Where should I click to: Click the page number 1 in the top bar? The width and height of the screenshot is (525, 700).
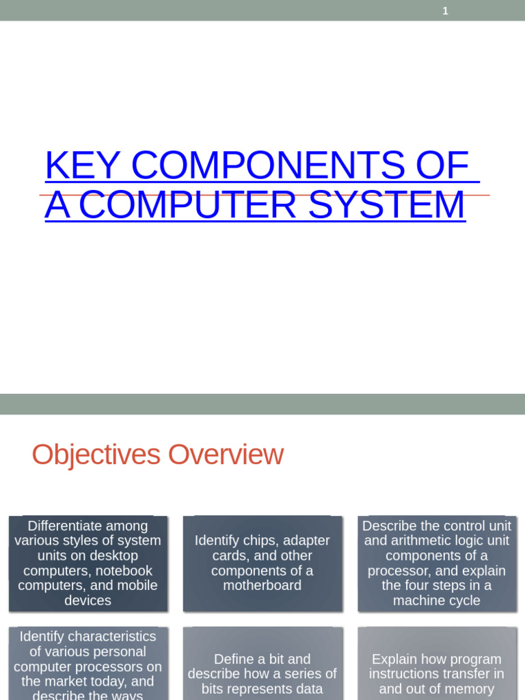click(446, 11)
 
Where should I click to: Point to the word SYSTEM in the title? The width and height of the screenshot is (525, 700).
click(387, 205)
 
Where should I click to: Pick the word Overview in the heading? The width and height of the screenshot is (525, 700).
click(226, 455)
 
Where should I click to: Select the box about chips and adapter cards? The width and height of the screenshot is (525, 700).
click(262, 563)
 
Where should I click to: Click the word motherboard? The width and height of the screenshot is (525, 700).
click(262, 586)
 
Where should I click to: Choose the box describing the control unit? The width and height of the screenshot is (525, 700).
click(437, 563)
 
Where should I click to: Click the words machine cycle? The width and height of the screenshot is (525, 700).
click(437, 601)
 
